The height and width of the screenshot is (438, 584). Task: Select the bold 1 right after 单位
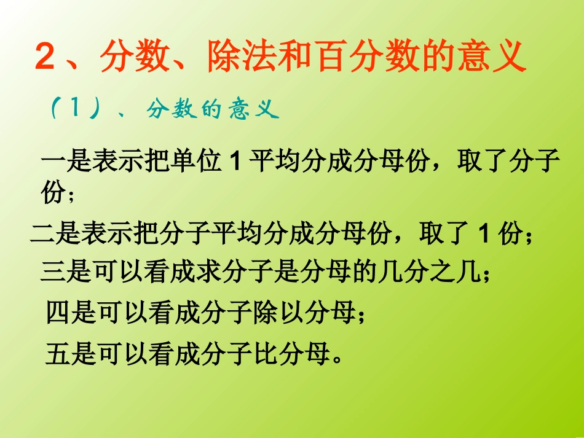click(x=233, y=164)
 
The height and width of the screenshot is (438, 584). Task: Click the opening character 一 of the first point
click(x=53, y=164)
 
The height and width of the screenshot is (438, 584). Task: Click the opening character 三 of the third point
click(x=53, y=271)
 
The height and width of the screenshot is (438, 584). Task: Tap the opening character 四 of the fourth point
click(x=58, y=313)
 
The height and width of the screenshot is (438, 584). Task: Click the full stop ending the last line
click(x=336, y=358)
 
